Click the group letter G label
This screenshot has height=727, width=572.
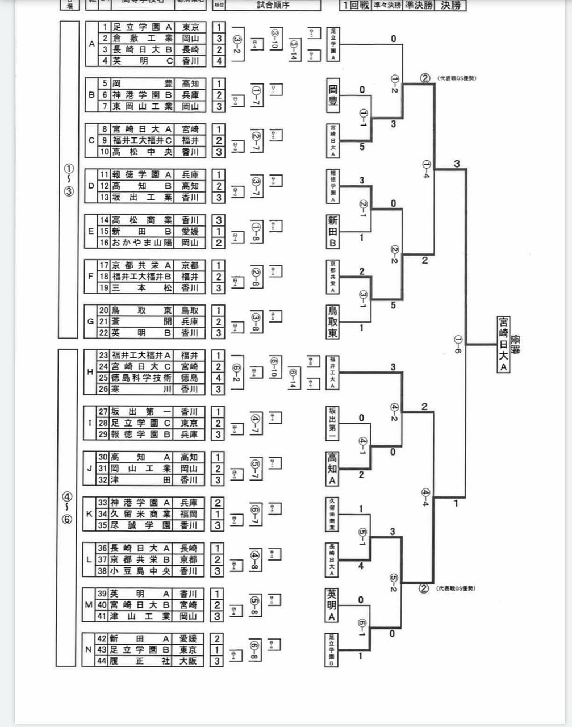[90, 321]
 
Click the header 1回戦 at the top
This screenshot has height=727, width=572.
[356, 6]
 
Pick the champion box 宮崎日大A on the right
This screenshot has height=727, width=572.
[503, 345]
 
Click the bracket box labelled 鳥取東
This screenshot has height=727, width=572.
[332, 321]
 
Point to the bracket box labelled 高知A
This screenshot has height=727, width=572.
[332, 469]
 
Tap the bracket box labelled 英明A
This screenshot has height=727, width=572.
[332, 605]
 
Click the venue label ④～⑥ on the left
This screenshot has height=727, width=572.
[68, 508]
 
